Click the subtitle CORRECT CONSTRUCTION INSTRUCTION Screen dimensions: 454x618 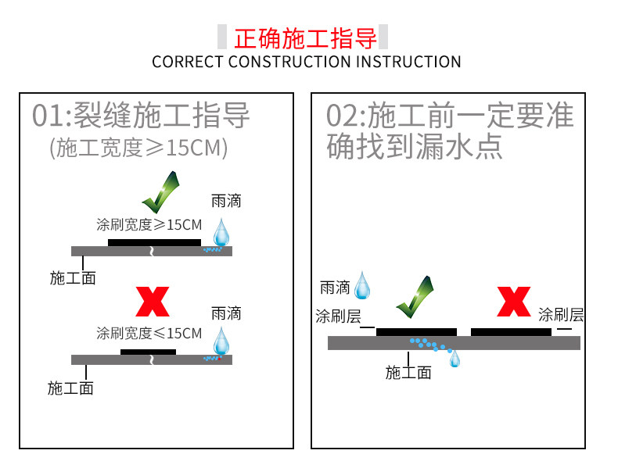pyautogui.click(x=307, y=62)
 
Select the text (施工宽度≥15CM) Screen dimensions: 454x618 pyautogui.click(x=138, y=148)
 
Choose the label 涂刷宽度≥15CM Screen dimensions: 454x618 pyautogui.click(x=149, y=225)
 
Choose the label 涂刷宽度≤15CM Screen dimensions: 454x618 pyautogui.click(x=149, y=334)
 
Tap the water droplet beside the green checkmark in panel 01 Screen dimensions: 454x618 pyautogui.click(x=222, y=232)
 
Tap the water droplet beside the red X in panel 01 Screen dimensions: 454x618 pyautogui.click(x=222, y=341)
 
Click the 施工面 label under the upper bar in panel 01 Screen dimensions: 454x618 pyautogui.click(x=73, y=277)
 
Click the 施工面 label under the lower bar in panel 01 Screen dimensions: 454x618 pyautogui.click(x=70, y=387)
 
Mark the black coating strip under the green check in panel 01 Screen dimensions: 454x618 pyautogui.click(x=154, y=242)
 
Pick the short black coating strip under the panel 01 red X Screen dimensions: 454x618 pyautogui.click(x=148, y=352)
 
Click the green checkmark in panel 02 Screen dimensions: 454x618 pyautogui.click(x=415, y=296)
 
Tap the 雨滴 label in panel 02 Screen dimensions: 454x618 pyautogui.click(x=335, y=288)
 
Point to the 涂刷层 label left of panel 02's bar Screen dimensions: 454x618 pyautogui.click(x=338, y=316)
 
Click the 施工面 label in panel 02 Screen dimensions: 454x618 pyautogui.click(x=408, y=373)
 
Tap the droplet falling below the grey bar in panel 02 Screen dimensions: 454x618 pyautogui.click(x=455, y=358)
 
